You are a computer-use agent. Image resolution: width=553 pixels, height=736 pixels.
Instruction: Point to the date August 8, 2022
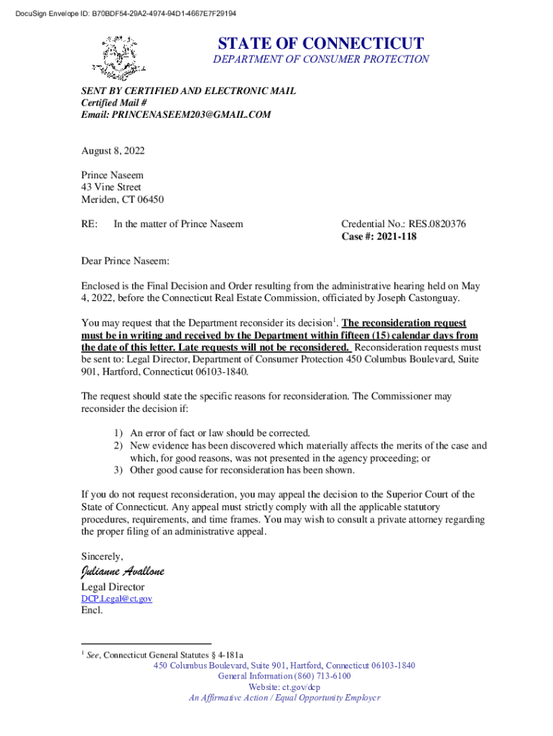113,151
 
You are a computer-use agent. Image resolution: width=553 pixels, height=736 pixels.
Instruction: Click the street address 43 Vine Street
111,187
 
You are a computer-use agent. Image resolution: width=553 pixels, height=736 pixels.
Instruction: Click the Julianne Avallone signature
123,571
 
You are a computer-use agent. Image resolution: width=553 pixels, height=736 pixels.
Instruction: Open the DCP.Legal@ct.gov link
116,599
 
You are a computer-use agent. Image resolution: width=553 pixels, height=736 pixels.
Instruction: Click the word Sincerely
102,556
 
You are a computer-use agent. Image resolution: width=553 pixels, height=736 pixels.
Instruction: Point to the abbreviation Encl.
92,611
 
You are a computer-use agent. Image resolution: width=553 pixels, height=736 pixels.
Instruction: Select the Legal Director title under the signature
113,587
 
